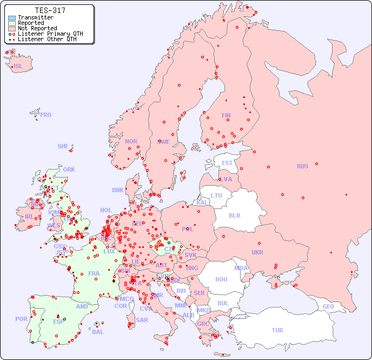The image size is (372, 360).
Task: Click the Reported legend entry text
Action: click(31, 23)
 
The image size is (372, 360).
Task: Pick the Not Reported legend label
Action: click(37, 29)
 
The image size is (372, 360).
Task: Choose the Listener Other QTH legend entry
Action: click(46, 40)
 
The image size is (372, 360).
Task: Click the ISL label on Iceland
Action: click(18, 67)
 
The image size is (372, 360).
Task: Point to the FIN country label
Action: click(226, 115)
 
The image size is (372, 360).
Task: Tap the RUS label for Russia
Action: click(302, 166)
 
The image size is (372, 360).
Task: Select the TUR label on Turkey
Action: click(277, 330)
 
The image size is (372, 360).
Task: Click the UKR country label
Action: click(257, 252)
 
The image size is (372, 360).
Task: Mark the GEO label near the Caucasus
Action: click(328, 306)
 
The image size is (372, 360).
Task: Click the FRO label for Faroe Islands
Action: click(46, 115)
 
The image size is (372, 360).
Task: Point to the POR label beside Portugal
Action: click(21, 319)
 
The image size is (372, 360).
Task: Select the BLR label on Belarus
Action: click(234, 215)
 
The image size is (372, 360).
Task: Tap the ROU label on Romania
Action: click(221, 279)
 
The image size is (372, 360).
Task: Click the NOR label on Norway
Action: click(131, 141)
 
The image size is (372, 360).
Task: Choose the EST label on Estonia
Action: click(227, 163)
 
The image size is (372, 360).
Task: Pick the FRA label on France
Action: click(94, 273)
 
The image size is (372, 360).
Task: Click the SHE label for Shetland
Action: click(63, 146)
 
